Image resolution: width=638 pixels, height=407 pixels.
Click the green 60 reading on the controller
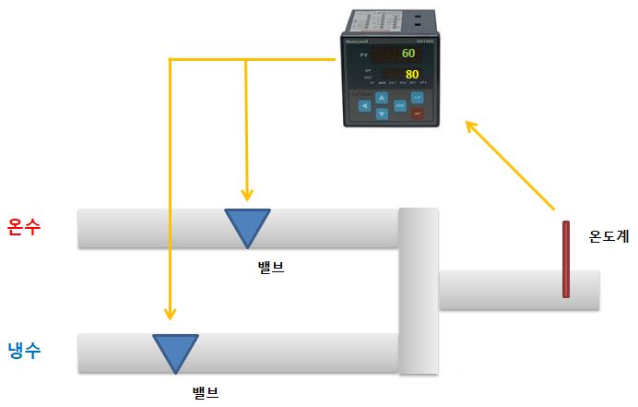click(408, 54)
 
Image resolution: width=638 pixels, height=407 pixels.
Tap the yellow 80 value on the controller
click(411, 74)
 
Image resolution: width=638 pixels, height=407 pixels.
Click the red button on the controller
click(417, 112)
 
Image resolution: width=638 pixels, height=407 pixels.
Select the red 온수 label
click(25, 226)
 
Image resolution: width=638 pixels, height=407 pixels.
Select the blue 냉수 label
click(25, 350)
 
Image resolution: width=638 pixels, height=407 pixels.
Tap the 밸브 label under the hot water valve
click(271, 269)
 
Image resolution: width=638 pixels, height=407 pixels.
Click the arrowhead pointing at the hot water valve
click(246, 195)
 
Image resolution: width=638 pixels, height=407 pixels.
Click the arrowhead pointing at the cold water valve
click(170, 315)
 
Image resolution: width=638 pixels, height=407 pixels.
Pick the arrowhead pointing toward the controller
click(471, 126)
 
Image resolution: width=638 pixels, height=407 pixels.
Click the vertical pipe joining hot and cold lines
click(419, 291)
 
